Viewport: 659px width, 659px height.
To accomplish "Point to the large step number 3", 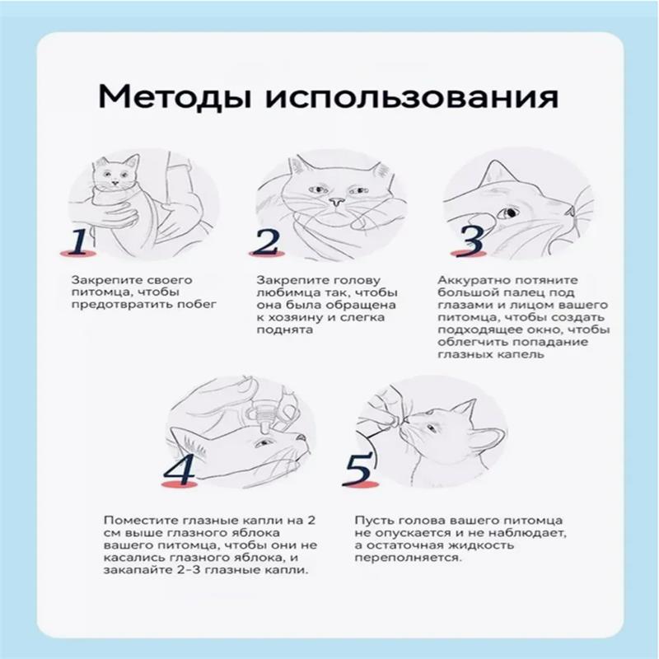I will (x=470, y=240).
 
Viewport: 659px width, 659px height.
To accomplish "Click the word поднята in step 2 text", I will (x=280, y=329).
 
